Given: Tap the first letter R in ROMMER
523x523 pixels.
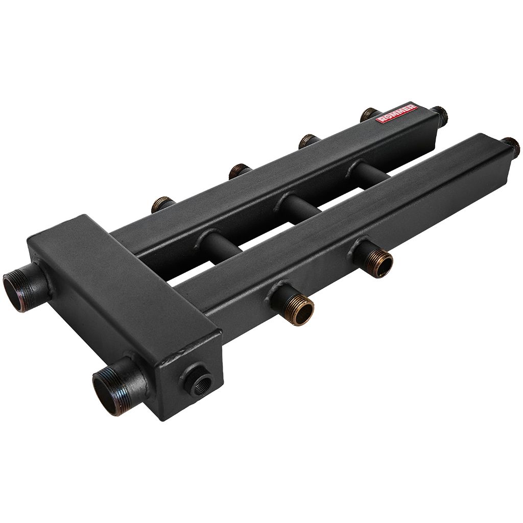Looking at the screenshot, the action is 379,121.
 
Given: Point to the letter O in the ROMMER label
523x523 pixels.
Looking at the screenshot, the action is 385,118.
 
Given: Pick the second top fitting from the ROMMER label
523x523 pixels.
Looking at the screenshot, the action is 307,141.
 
